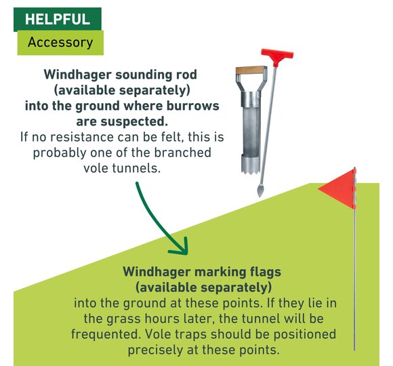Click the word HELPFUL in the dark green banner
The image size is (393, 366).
[58, 19]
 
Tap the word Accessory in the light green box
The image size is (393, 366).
[60, 42]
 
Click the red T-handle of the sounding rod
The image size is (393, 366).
[277, 56]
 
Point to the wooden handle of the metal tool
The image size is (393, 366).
[250, 70]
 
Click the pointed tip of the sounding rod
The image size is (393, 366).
[260, 191]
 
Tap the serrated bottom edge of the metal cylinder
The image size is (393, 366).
[250, 171]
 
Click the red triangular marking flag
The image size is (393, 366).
[338, 188]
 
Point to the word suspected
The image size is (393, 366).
[134, 122]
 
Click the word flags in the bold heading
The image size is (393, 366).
[266, 272]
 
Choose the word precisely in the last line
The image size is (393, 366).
[155, 350]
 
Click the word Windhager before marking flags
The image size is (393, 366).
[156, 272]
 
